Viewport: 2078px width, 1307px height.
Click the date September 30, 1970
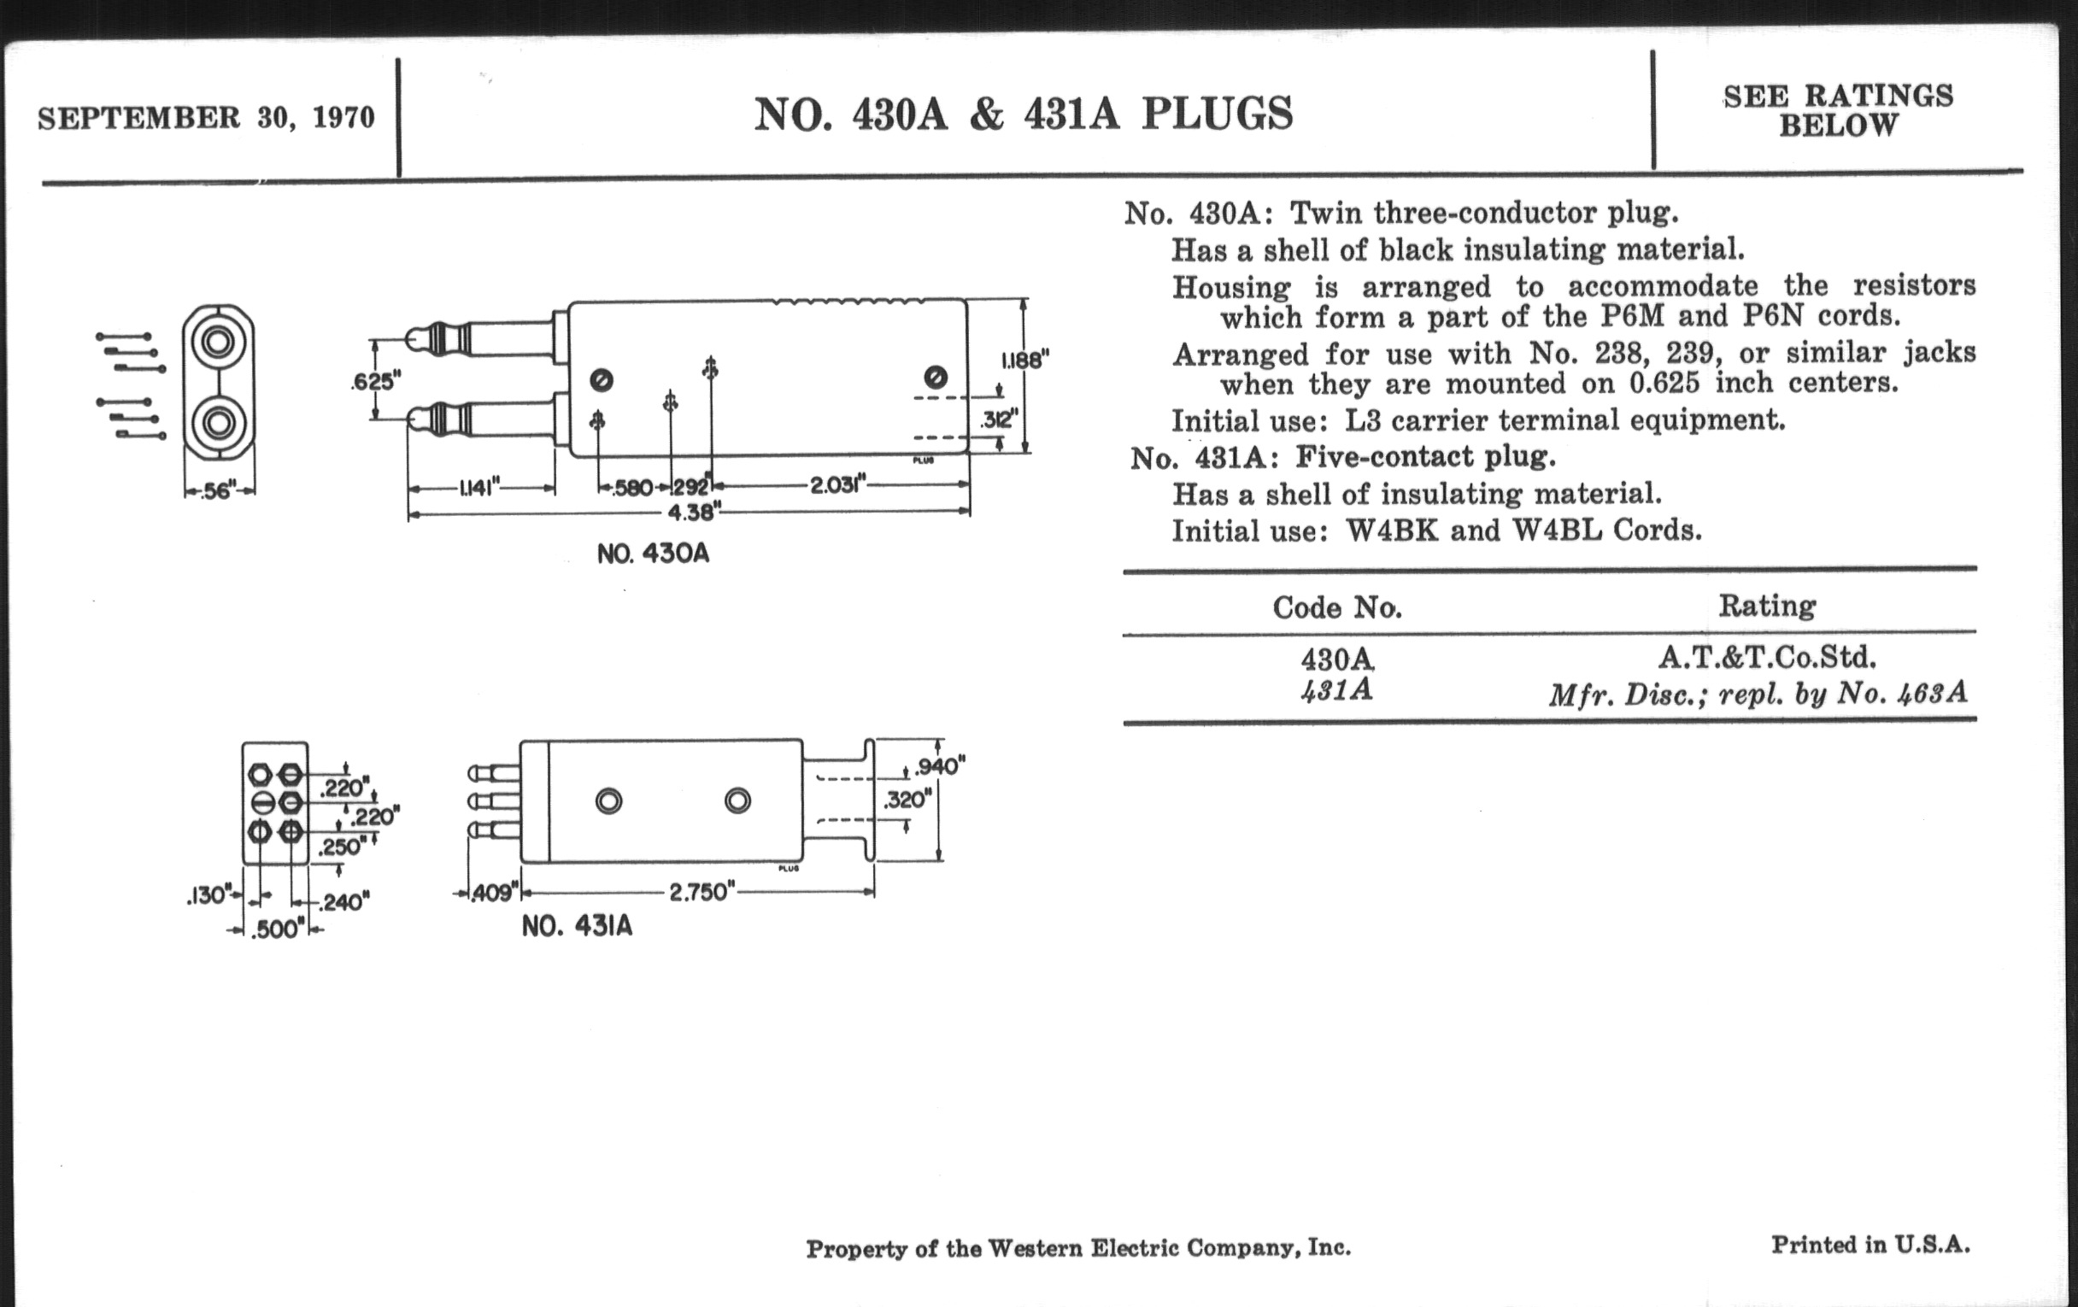(x=206, y=117)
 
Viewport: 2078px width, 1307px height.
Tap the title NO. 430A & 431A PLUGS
(x=1024, y=114)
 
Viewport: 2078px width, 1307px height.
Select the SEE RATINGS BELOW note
(x=1838, y=110)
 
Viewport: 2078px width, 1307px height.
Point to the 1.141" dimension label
(x=481, y=489)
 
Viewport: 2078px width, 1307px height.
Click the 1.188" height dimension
(x=1024, y=360)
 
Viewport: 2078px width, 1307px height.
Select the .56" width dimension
(x=220, y=491)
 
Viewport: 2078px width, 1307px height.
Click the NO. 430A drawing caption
(x=654, y=554)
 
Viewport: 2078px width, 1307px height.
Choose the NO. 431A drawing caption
(x=578, y=927)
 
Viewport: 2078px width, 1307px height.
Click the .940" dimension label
(x=940, y=766)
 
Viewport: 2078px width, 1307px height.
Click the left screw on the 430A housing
(x=602, y=379)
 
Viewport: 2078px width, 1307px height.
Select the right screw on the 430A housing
(x=936, y=377)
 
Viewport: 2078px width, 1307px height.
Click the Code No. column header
(x=1336, y=608)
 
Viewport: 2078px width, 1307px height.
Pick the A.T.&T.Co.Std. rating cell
(x=1766, y=659)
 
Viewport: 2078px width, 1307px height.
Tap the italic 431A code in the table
(x=1336, y=690)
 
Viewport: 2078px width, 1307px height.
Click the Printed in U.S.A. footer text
(x=1871, y=1245)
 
